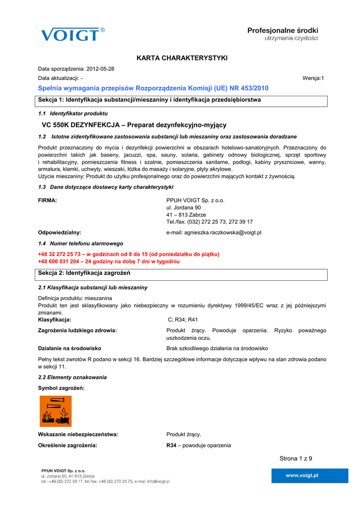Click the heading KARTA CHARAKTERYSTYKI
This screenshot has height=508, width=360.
point(182,59)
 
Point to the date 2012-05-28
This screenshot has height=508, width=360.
point(100,68)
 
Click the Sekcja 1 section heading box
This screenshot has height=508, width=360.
point(182,100)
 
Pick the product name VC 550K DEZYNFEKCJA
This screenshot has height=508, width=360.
point(80,125)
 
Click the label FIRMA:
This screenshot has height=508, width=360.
point(48,200)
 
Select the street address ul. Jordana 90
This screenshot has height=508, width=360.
point(183,207)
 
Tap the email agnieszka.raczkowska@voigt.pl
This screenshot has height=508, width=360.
point(214,232)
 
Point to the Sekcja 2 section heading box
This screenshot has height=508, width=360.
point(182,274)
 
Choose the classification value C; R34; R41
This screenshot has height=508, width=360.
point(183,320)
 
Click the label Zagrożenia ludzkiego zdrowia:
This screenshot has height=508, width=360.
point(77,330)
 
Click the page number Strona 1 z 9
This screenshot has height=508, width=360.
point(296,458)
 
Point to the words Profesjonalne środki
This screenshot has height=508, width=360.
point(283,31)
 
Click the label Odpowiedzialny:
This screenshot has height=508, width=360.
point(60,232)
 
